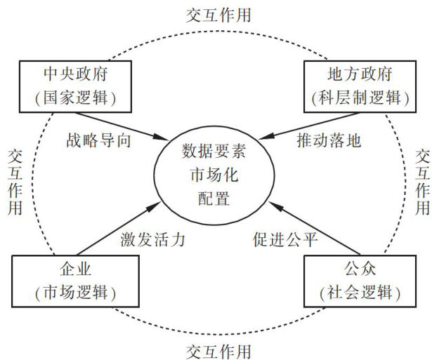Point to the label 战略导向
pyautogui.click(x=98, y=140)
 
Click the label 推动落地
pyautogui.click(x=329, y=140)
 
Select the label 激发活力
pyautogui.click(x=152, y=239)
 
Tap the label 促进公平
pyautogui.click(x=285, y=239)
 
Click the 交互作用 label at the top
pyautogui.click(x=218, y=15)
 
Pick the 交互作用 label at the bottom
pyautogui.click(x=218, y=352)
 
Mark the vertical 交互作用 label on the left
pyautogui.click(x=15, y=182)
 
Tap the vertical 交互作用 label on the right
pyautogui.click(x=423, y=182)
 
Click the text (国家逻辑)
pyautogui.click(x=75, y=98)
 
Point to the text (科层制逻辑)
pyautogui.click(x=360, y=98)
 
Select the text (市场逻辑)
pyautogui.click(x=75, y=293)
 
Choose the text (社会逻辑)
pyautogui.click(x=360, y=293)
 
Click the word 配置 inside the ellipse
pyautogui.click(x=214, y=198)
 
